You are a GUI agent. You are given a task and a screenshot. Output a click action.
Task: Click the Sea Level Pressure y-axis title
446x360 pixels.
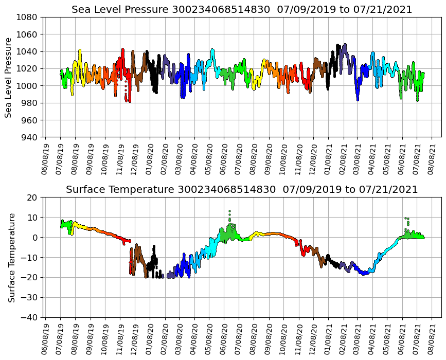(9, 77)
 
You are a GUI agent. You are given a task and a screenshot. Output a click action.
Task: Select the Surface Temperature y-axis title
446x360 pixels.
(11, 257)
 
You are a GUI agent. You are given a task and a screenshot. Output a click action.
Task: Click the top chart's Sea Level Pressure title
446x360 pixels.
(242, 9)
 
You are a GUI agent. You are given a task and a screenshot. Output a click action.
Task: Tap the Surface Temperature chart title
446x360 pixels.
(242, 190)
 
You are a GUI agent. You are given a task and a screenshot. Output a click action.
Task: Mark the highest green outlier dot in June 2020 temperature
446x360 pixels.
(229, 211)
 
